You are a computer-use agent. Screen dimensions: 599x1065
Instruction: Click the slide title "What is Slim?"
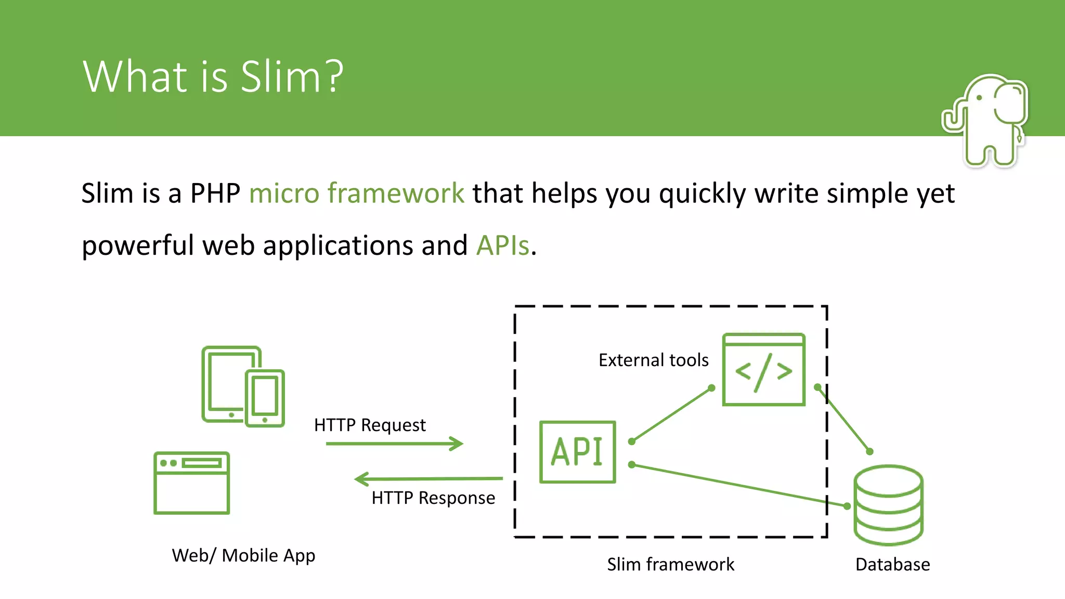[213, 77]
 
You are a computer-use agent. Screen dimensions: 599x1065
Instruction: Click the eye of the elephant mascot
[979, 98]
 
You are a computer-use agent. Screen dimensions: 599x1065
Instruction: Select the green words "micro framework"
[356, 193]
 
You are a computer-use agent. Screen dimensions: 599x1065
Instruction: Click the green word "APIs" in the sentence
[502, 245]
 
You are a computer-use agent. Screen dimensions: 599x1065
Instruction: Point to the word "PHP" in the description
[215, 193]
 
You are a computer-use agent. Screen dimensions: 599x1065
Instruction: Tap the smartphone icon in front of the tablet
[265, 398]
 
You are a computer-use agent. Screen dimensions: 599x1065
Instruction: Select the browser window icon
[191, 483]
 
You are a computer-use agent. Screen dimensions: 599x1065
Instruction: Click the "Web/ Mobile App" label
[243, 555]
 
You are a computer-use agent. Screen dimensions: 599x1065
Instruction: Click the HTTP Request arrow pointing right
[394, 444]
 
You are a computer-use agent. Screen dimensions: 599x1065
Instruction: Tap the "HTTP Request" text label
[370, 425]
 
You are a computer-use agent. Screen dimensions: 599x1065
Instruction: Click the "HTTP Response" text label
[433, 498]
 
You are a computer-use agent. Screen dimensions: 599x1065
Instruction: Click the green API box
[577, 452]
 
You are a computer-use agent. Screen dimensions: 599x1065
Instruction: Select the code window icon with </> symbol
[763, 370]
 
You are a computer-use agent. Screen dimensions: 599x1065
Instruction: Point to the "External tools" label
[653, 360]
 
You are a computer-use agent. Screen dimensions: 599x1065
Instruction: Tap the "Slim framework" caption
[670, 564]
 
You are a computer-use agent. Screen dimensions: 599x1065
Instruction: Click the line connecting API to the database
[738, 485]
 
